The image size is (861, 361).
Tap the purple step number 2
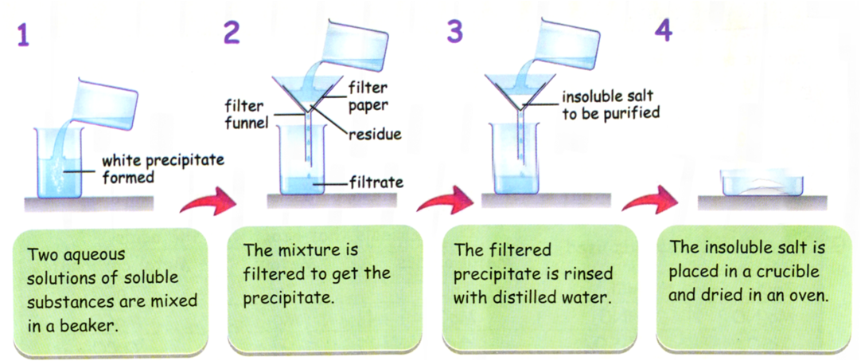tap(232, 34)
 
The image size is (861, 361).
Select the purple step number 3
tap(456, 34)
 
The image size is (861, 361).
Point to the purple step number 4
tap(664, 34)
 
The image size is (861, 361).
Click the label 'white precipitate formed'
tap(162, 170)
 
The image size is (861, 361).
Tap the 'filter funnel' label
tap(245, 113)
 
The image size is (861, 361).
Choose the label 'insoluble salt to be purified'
tap(610, 105)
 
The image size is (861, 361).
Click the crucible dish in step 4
tap(762, 183)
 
